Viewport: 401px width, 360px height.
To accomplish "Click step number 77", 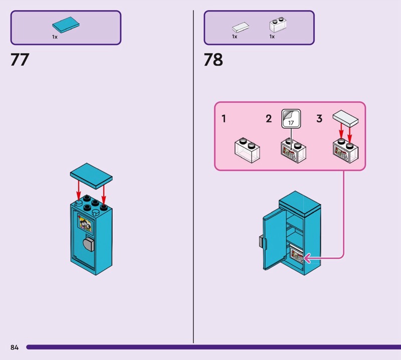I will point(20,60).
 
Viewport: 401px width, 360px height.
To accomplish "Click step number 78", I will point(213,60).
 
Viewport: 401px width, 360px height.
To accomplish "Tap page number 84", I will point(14,347).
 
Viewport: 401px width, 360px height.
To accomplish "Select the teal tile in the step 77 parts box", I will point(66,25).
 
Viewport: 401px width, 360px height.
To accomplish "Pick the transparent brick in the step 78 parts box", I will point(276,26).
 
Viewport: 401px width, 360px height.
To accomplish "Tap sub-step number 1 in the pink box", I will point(224,119).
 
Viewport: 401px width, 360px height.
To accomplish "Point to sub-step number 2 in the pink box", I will point(269,119).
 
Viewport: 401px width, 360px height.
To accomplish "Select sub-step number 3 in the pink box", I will point(319,119).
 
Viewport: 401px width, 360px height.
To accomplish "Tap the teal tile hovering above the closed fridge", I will point(91,173).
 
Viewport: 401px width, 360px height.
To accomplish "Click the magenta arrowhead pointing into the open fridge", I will point(307,258).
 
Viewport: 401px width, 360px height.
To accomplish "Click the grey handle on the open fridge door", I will point(261,241).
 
